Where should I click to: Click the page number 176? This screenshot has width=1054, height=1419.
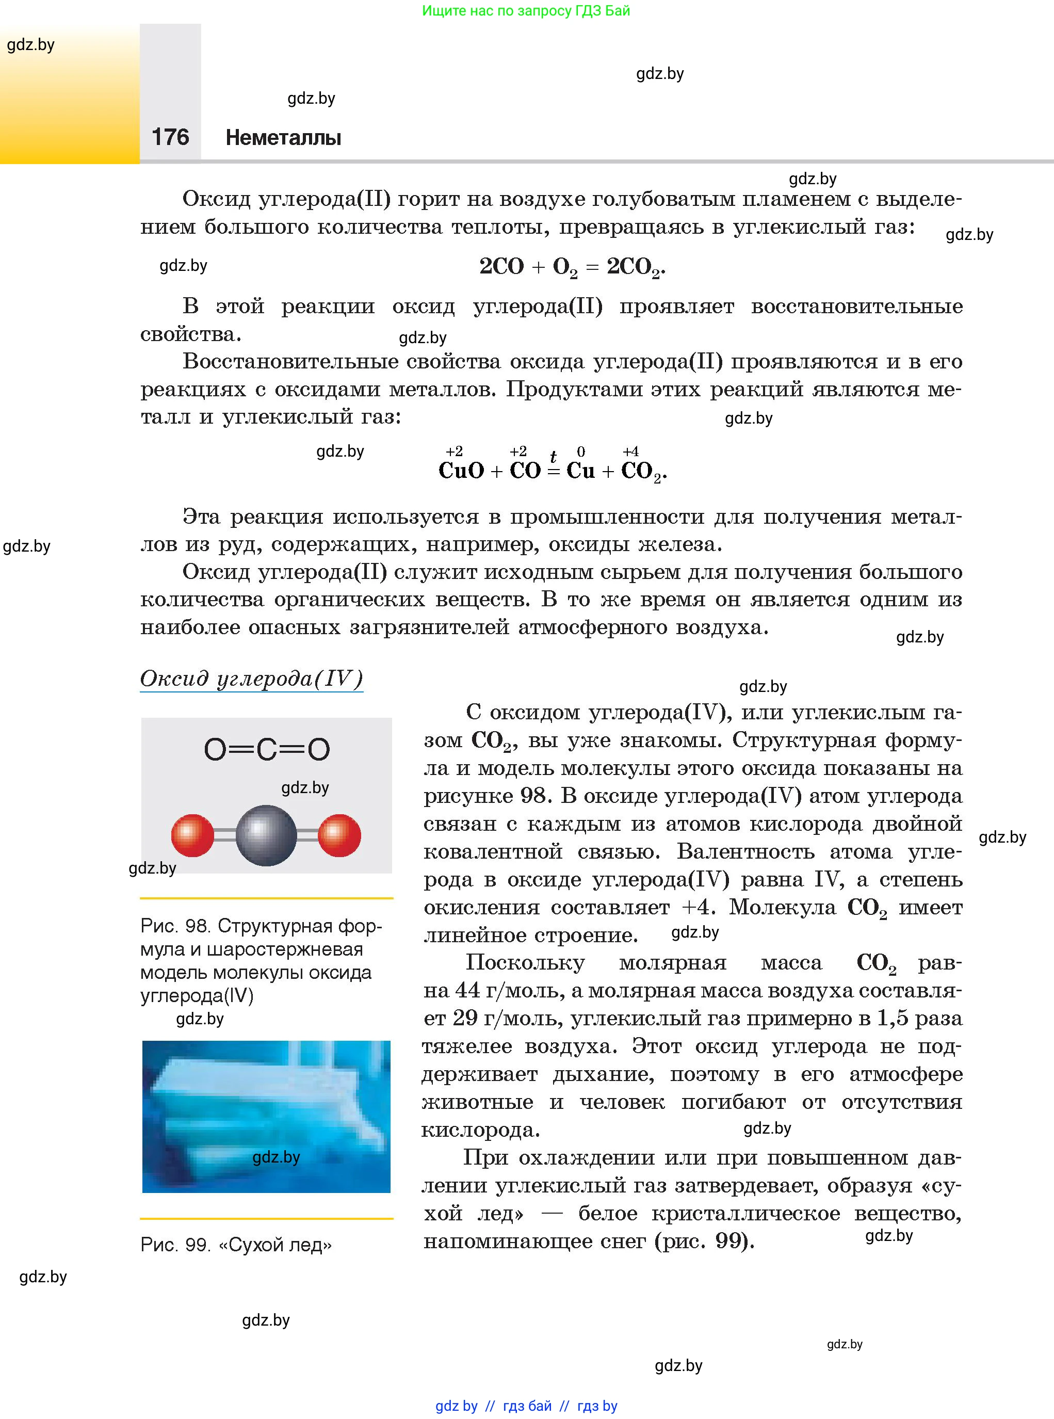tap(170, 137)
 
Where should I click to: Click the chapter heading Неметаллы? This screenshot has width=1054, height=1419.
tap(283, 137)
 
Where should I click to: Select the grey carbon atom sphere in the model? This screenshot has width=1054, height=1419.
tap(266, 835)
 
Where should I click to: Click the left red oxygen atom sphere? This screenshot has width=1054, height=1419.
tap(192, 835)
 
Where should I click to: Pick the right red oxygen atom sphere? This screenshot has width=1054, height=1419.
tap(339, 835)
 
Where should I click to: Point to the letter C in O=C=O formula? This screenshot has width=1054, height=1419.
tap(267, 750)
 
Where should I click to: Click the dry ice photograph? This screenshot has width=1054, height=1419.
tap(266, 1117)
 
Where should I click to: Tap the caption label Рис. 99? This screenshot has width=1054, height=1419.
tap(175, 1245)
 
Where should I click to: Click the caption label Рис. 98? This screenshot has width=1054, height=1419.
tap(175, 926)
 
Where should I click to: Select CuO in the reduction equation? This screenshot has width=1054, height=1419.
tap(461, 471)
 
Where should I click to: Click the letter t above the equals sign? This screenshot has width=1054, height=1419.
tap(553, 456)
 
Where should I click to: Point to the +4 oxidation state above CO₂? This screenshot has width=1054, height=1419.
tap(630, 451)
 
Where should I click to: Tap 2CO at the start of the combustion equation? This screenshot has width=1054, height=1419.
tap(501, 266)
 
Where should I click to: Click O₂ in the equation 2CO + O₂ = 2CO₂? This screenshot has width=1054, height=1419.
tap(564, 267)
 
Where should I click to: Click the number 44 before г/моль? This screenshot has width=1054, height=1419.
tap(467, 990)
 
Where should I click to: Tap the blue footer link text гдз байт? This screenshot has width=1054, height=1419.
tap(527, 1406)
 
